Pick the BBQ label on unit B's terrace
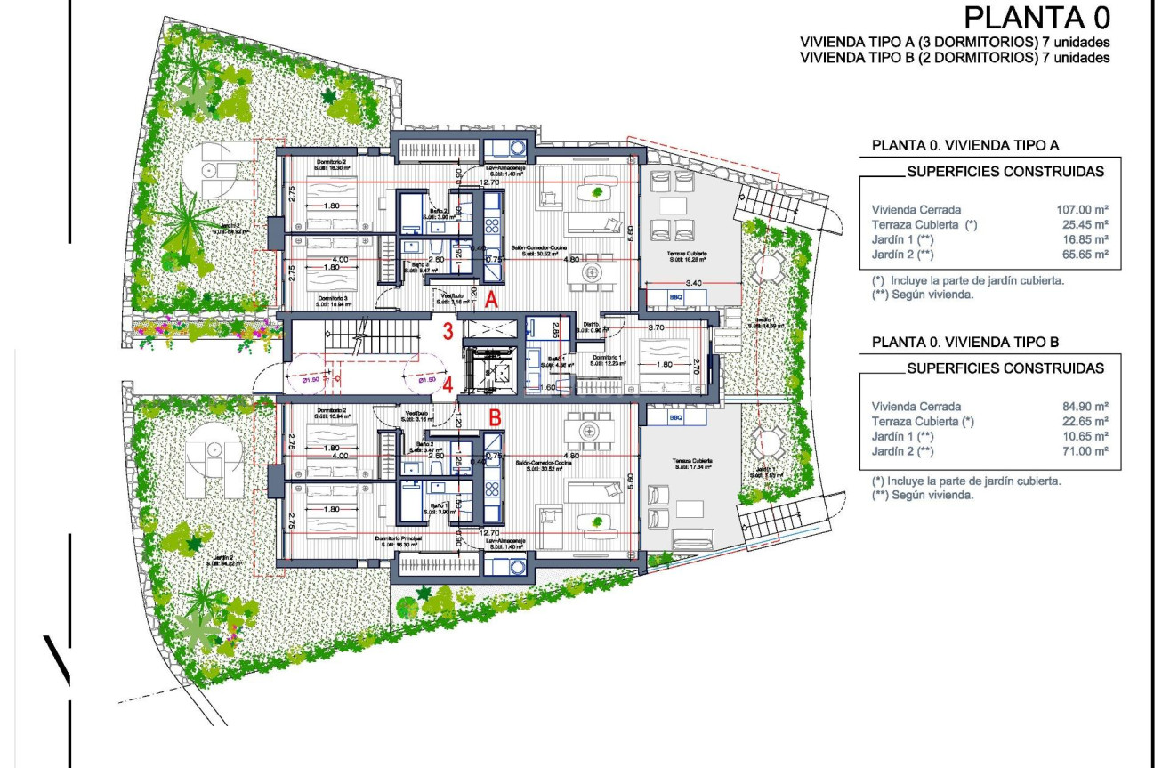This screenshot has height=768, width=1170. (x=675, y=416)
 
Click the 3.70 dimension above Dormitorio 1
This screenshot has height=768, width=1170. (x=657, y=328)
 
